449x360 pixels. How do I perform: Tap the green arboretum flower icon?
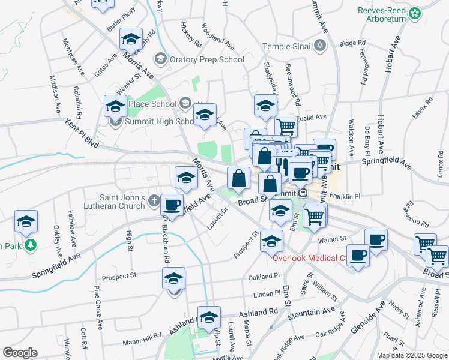click(414, 13)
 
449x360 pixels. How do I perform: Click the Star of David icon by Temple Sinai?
click(321, 46)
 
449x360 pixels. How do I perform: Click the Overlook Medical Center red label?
click(310, 259)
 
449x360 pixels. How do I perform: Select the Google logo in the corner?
click(19, 353)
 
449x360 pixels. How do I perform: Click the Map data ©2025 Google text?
click(411, 355)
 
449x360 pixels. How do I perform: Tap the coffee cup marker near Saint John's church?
click(172, 205)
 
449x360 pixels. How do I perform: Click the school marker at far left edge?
click(26, 222)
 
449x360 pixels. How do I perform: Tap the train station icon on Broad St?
click(303, 193)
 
